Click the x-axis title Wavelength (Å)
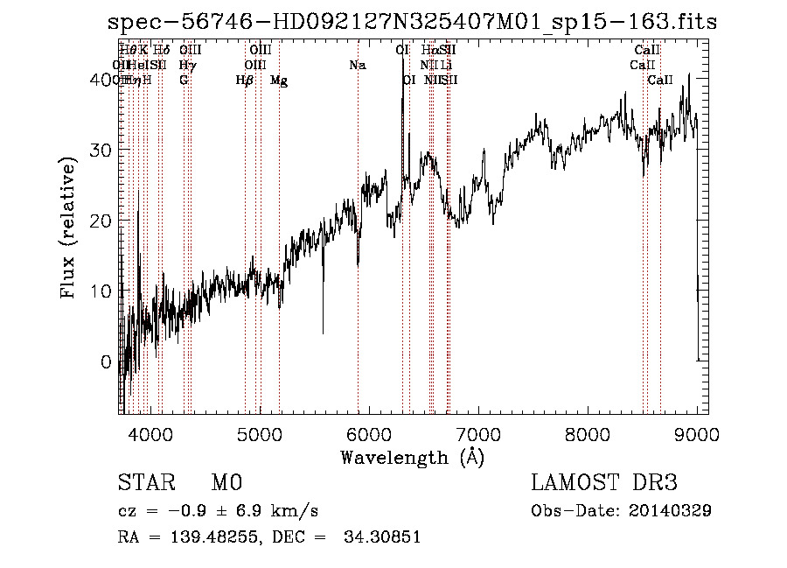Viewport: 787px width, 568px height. pyautogui.click(x=412, y=457)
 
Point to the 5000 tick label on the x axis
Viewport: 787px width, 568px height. pyautogui.click(x=260, y=433)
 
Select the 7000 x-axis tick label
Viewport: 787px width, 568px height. pyautogui.click(x=478, y=433)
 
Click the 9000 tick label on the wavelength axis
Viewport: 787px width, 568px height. pyautogui.click(x=697, y=433)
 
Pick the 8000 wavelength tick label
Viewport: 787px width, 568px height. pyautogui.click(x=588, y=433)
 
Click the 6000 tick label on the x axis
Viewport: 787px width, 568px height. pyautogui.click(x=369, y=433)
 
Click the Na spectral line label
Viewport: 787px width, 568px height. pyautogui.click(x=357, y=66)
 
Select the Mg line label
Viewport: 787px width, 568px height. pyautogui.click(x=279, y=81)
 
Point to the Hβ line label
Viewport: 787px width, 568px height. pyautogui.click(x=245, y=81)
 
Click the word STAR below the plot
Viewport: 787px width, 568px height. pyautogui.click(x=144, y=483)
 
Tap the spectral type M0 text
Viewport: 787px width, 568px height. pyautogui.click(x=226, y=483)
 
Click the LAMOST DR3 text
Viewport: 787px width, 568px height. pyautogui.click(x=604, y=483)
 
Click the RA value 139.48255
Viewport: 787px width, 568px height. pyautogui.click(x=206, y=537)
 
